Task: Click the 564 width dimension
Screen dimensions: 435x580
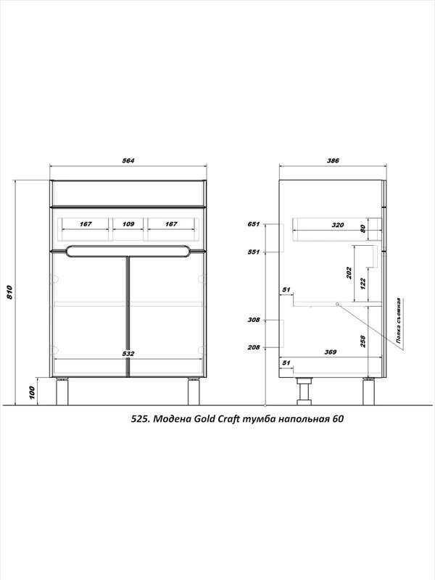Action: click(128, 160)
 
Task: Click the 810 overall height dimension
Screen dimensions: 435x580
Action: click(9, 292)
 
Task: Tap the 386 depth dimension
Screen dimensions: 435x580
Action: click(333, 160)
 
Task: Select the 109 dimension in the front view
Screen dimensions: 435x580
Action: click(128, 224)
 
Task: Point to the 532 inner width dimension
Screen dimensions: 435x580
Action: click(128, 353)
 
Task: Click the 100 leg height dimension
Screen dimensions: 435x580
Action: click(32, 392)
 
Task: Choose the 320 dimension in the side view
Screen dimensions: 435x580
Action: click(337, 225)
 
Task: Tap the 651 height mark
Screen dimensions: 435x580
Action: click(254, 224)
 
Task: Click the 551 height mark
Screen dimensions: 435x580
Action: click(254, 252)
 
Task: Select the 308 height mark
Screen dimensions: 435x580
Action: click(254, 320)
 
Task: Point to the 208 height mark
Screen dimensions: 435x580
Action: click(254, 347)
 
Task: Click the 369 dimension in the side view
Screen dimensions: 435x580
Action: click(331, 352)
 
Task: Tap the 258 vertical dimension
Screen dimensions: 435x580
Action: click(362, 341)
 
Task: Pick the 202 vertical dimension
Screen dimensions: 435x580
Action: click(349, 273)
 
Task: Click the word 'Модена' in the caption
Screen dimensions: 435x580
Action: click(172, 419)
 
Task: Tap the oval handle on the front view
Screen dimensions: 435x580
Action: click(128, 251)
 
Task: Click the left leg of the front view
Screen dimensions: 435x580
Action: click(62, 391)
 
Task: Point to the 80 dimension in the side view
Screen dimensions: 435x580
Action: click(362, 228)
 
